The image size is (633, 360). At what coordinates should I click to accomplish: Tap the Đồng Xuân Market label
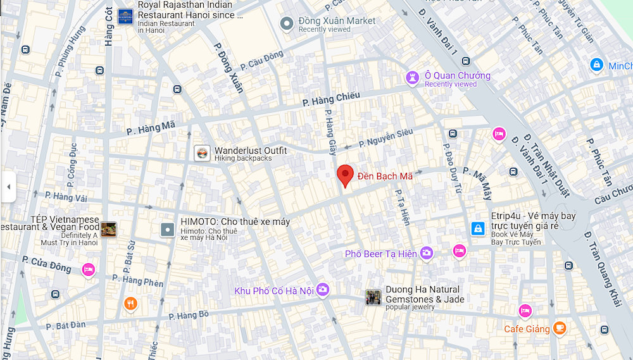[337, 21]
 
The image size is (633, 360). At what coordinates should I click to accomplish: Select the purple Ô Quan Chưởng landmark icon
[413, 78]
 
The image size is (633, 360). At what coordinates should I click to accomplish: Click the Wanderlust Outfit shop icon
[202, 153]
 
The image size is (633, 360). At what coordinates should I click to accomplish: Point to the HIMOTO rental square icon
[167, 230]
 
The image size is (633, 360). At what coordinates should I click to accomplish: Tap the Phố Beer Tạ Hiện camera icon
[427, 253]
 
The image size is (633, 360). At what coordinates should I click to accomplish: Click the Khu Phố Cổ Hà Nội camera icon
[323, 290]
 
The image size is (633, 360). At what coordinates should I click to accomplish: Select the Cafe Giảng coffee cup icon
[558, 328]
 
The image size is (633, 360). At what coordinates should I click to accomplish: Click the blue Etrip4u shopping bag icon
[478, 229]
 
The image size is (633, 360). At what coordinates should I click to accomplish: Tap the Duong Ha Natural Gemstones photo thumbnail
[373, 297]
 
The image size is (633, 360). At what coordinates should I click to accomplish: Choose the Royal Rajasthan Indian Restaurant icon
[125, 15]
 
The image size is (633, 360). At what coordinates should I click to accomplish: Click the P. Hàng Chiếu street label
[331, 99]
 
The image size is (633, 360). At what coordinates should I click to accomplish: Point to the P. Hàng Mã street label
[151, 128]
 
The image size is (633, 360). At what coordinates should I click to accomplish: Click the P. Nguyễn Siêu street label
[386, 138]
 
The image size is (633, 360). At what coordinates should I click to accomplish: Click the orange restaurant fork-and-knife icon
[130, 304]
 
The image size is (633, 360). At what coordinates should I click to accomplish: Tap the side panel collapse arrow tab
[8, 187]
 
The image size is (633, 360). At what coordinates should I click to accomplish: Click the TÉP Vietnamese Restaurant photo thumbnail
[108, 230]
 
